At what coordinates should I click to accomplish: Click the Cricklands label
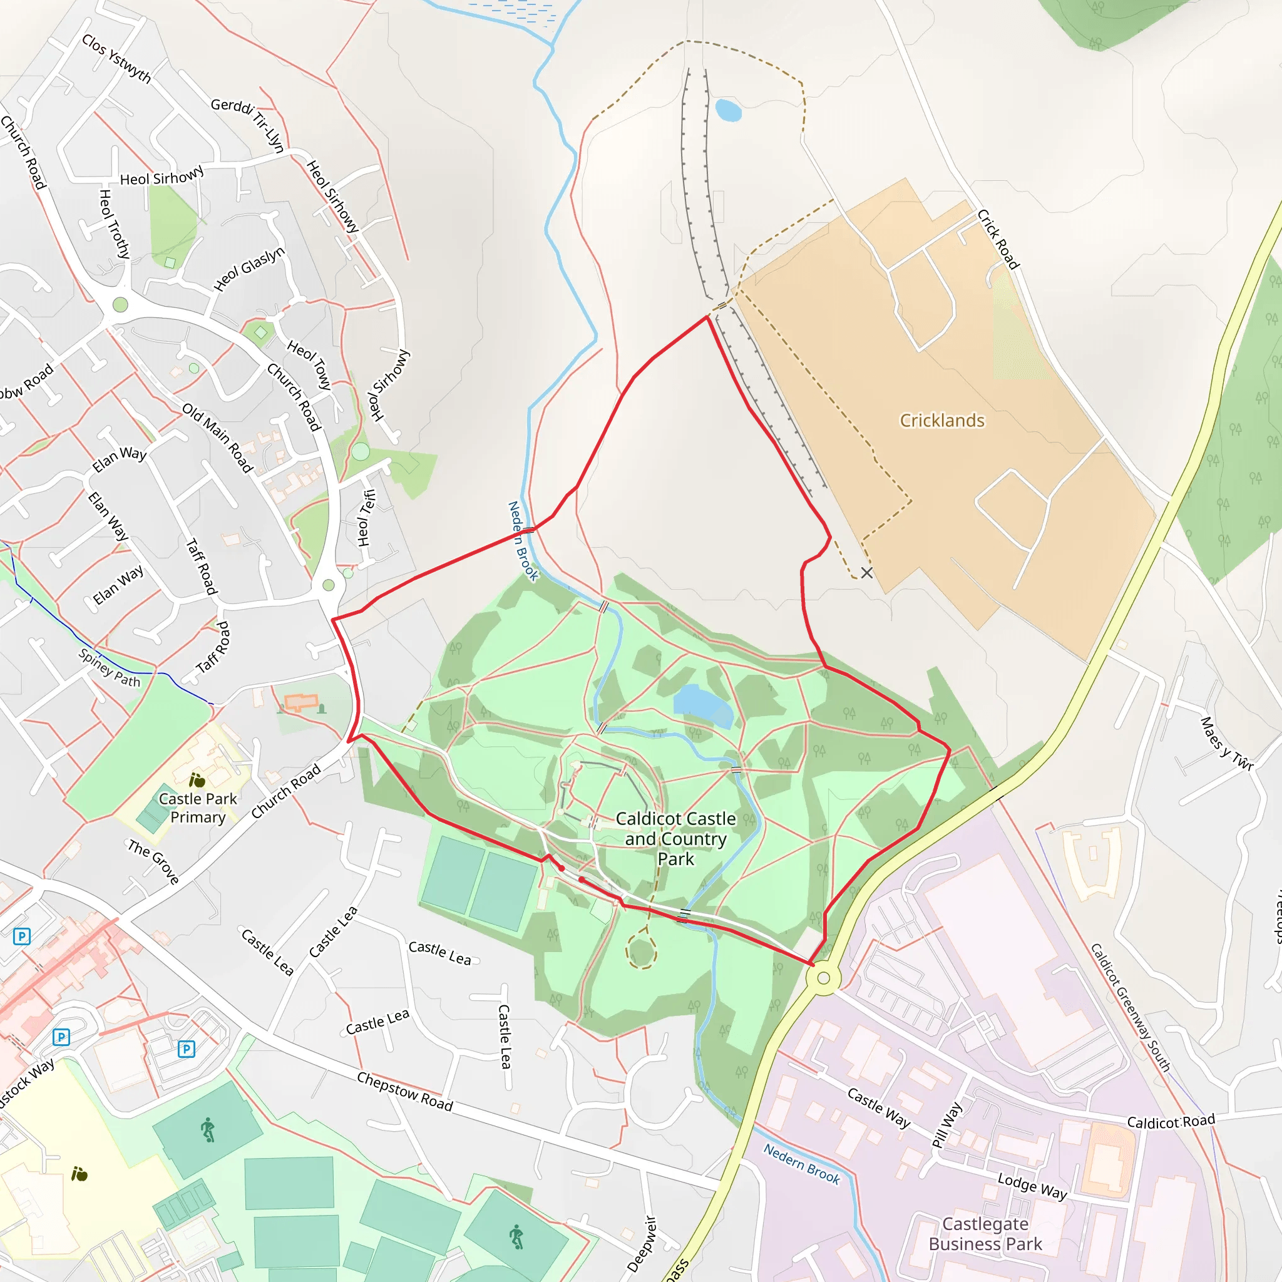click(x=941, y=421)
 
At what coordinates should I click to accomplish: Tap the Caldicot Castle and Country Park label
click(x=675, y=839)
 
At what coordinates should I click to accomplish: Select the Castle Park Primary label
click(x=198, y=808)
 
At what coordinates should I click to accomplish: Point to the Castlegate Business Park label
click(x=985, y=1234)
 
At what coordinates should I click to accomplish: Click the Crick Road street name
click(x=997, y=239)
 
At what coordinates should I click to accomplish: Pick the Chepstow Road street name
click(x=405, y=1092)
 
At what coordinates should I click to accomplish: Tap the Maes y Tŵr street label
click(x=1226, y=744)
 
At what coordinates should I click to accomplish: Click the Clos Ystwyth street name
click(x=116, y=58)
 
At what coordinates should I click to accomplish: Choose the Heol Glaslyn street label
click(x=249, y=269)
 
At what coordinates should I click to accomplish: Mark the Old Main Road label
click(x=218, y=438)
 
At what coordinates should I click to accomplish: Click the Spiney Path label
click(x=110, y=668)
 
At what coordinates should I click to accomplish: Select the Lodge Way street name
click(x=1032, y=1186)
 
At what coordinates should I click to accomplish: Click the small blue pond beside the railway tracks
click(x=728, y=110)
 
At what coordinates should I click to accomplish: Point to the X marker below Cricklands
click(x=866, y=573)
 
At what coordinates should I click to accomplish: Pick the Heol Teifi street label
click(x=366, y=518)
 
